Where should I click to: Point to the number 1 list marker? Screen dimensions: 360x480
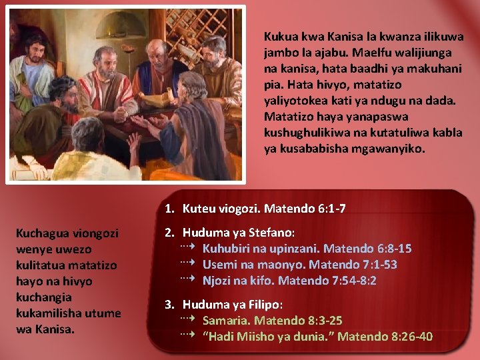[169, 209]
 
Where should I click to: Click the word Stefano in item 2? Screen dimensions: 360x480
[271, 233]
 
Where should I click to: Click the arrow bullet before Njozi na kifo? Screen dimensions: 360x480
[187, 279]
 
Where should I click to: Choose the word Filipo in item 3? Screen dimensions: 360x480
[265, 305]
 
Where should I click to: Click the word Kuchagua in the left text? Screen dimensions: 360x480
[43, 233]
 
